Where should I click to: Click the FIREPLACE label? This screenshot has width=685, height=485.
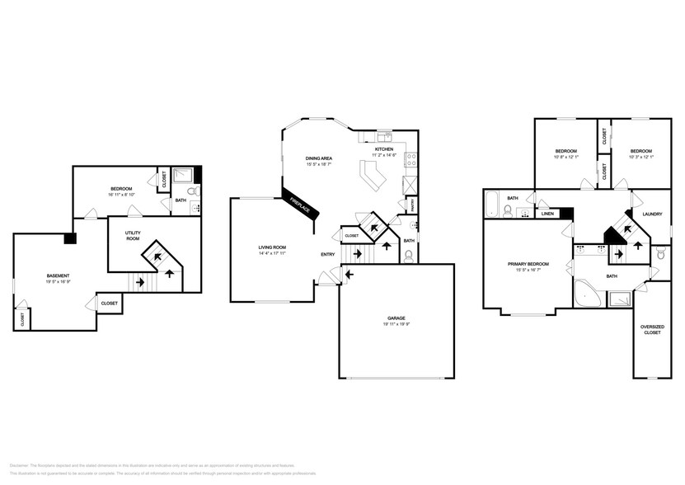coord(298,204)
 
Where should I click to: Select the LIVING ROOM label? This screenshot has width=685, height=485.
coord(272,247)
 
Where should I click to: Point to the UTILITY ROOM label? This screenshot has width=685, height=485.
coord(134,235)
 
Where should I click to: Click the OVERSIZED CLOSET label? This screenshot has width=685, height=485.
coord(651,331)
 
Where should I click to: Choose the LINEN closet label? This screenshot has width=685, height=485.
coord(547,214)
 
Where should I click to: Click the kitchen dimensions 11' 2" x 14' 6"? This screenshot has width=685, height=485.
coord(384,155)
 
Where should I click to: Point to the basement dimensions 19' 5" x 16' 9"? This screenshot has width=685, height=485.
coord(58,281)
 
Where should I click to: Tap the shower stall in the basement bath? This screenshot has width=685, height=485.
coord(186,174)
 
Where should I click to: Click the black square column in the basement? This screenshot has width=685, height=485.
coord(70,239)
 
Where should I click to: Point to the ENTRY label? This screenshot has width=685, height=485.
coord(328,255)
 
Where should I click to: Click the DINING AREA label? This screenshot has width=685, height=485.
coord(318,157)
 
